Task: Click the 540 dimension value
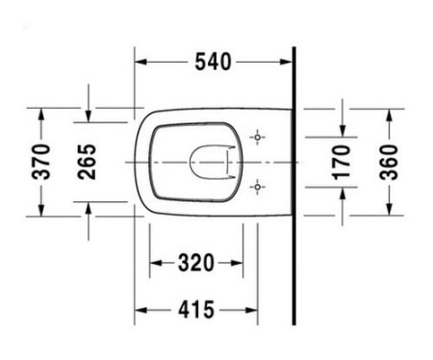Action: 213,63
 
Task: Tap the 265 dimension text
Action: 87,163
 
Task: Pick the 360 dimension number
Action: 388,163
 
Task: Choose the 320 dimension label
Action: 195,262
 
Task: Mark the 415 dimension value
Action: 195,310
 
